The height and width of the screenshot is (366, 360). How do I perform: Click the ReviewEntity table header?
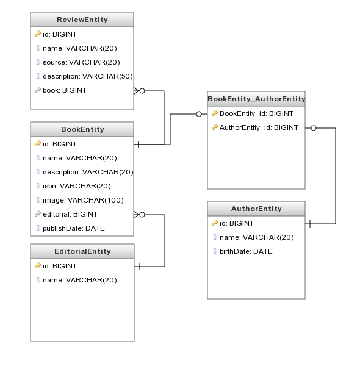pos(82,20)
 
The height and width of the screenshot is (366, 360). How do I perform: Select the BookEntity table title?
pos(82,129)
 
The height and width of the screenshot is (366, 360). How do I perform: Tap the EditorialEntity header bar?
pos(82,251)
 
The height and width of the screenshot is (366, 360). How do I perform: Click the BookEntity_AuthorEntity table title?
pos(256,99)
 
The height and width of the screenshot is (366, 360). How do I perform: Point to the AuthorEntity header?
pos(256,209)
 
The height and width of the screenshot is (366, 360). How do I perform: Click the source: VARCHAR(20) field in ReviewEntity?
pos(81,62)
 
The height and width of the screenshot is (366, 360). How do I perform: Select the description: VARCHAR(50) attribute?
pos(88,76)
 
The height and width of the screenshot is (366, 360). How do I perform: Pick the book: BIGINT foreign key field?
pos(65,90)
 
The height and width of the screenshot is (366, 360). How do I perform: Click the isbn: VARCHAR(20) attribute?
pos(76,186)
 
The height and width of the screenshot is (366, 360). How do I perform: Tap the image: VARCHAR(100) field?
pos(83,200)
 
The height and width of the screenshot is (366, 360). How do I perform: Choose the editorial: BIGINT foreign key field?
pos(70,214)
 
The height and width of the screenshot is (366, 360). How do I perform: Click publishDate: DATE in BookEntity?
pos(74,228)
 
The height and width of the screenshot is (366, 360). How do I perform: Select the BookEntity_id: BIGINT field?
pos(256,113)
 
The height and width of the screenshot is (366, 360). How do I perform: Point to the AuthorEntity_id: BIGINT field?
pos(259,127)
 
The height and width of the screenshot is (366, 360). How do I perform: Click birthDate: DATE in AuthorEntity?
pos(246,251)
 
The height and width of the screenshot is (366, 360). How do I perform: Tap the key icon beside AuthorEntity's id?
pos(215,223)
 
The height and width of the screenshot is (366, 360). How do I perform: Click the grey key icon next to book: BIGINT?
pos(38,90)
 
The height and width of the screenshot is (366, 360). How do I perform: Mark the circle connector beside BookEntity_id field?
pos(199,114)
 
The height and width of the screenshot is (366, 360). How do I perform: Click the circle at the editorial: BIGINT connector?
pos(142,215)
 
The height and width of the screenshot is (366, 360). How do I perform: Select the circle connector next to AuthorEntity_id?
pos(314,128)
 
